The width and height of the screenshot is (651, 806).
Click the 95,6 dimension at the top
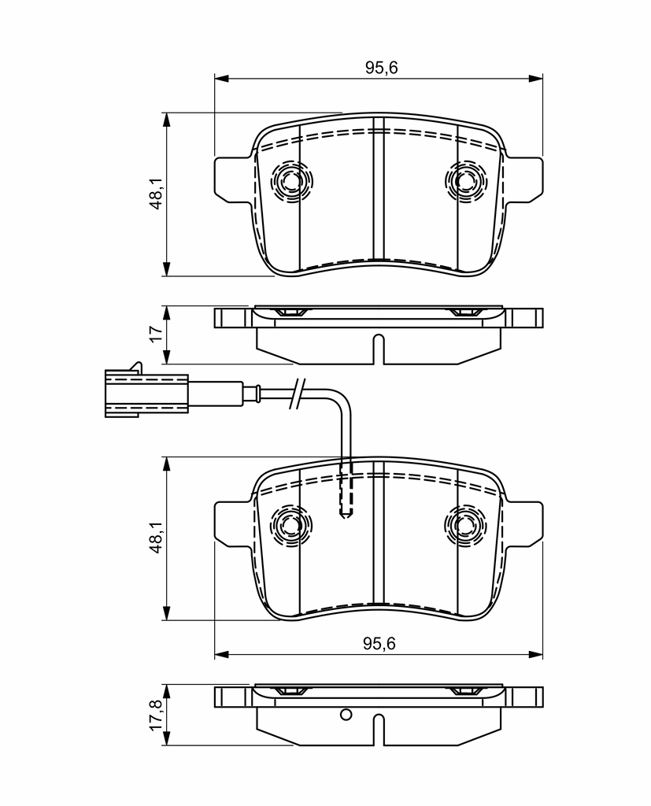click(x=382, y=68)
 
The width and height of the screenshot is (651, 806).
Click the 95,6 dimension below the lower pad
click(x=379, y=643)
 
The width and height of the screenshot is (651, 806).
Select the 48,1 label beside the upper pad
click(x=156, y=194)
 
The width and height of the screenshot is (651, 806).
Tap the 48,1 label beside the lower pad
click(x=156, y=537)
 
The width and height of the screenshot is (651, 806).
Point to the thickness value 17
click(x=156, y=333)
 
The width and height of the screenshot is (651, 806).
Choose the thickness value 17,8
click(x=156, y=714)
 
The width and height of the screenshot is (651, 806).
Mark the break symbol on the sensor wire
click(x=298, y=394)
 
